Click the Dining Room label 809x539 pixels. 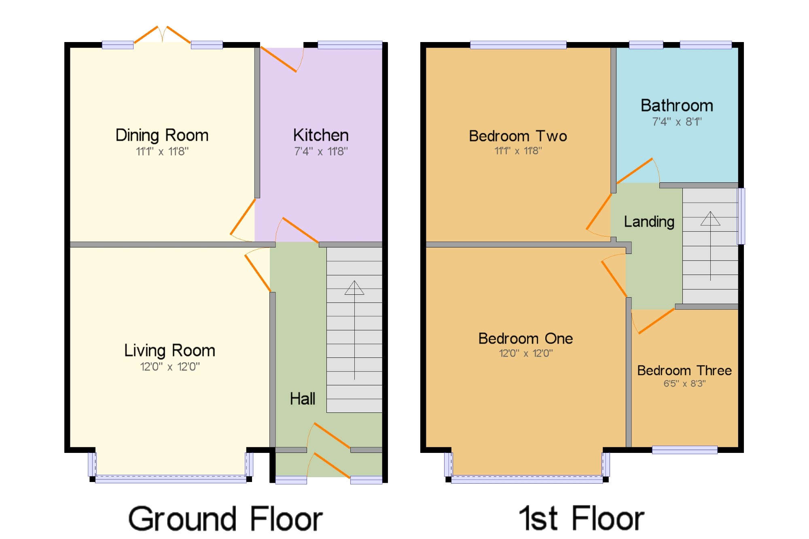[162, 135]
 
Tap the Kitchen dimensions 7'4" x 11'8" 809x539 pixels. [321, 151]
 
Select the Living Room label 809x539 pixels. [169, 351]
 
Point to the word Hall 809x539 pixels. [303, 399]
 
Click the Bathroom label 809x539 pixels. [677, 106]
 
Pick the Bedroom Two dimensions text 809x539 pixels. [518, 151]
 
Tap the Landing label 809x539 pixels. [649, 222]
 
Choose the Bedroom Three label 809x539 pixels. [684, 370]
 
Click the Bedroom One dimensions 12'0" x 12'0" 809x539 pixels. [526, 353]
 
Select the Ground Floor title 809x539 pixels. [226, 519]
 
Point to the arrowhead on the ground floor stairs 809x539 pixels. [354, 287]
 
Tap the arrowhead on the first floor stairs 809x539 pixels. [710, 218]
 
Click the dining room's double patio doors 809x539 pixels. [162, 35]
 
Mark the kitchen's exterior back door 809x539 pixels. [282, 59]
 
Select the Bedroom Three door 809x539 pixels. [653, 321]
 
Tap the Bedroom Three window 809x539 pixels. [685, 450]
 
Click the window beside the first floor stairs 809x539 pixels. [741, 216]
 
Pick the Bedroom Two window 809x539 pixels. [518, 45]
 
